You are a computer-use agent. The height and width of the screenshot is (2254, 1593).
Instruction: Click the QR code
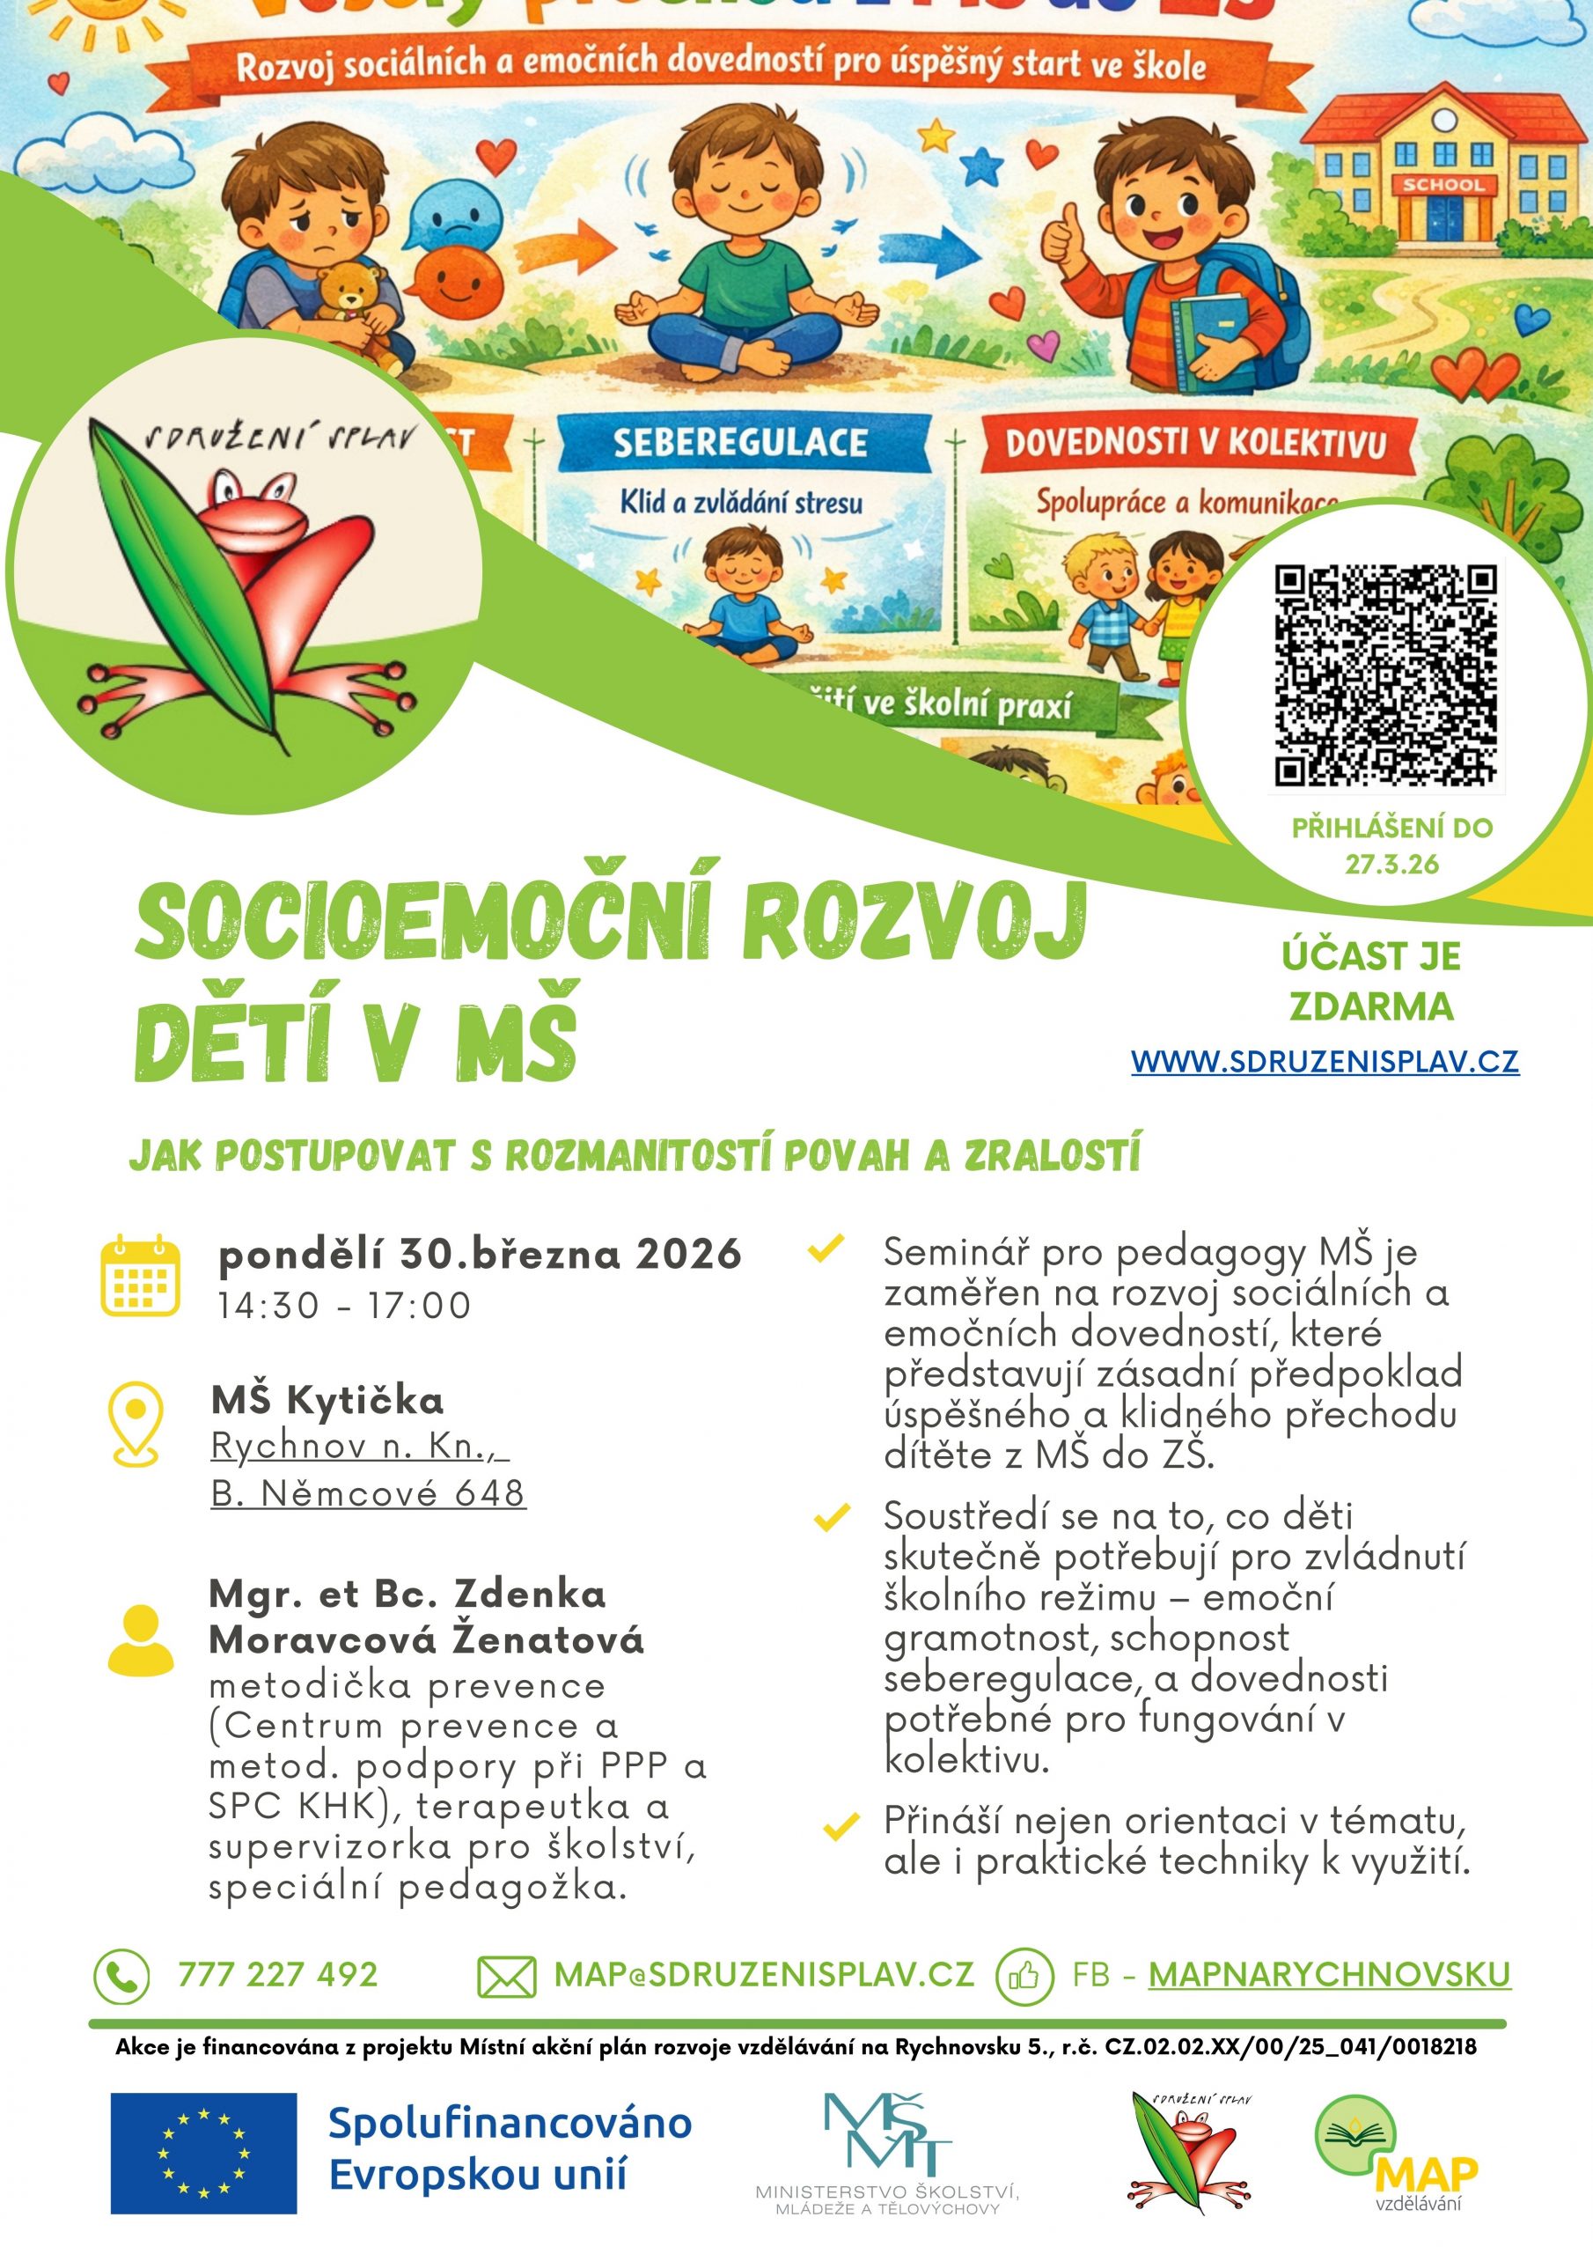(x=1385, y=674)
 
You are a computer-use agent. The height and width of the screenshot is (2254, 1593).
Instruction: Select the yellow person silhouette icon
(x=140, y=1639)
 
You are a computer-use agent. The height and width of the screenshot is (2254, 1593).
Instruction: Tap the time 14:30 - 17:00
(x=344, y=1306)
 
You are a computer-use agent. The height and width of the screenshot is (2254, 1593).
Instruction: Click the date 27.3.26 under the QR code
(x=1391, y=864)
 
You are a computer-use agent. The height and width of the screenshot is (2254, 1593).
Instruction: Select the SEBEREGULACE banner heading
(x=741, y=443)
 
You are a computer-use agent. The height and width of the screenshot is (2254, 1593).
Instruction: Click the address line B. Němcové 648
(x=368, y=1493)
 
